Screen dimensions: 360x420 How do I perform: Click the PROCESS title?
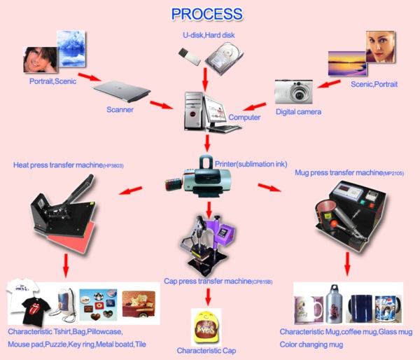[x=207, y=14]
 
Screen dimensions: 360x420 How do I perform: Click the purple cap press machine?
[x=208, y=245]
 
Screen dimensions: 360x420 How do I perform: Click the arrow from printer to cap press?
[x=209, y=207]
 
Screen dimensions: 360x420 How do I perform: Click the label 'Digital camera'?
[x=299, y=112]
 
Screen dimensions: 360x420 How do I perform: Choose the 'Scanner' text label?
[x=120, y=109]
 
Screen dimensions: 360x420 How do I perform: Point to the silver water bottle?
[x=335, y=303]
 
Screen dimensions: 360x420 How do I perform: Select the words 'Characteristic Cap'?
[x=205, y=349]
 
